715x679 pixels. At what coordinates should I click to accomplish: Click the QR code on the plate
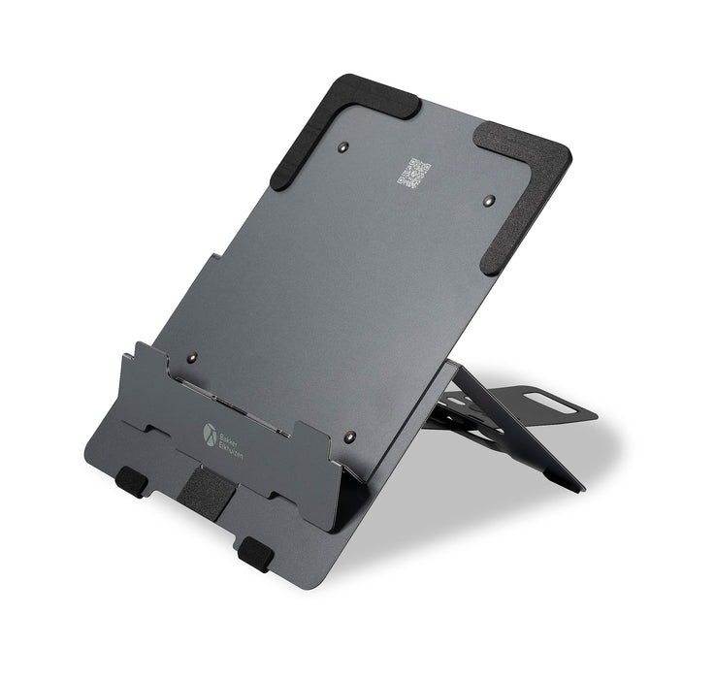(415, 174)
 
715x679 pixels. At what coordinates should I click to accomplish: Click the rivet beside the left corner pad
(346, 147)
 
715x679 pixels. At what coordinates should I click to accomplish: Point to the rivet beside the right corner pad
(487, 200)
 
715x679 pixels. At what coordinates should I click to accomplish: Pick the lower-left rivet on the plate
(192, 357)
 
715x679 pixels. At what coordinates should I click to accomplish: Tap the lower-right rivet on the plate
(349, 436)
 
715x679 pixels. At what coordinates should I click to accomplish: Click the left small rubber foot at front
(131, 480)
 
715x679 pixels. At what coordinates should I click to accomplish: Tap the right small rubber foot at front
(255, 554)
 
